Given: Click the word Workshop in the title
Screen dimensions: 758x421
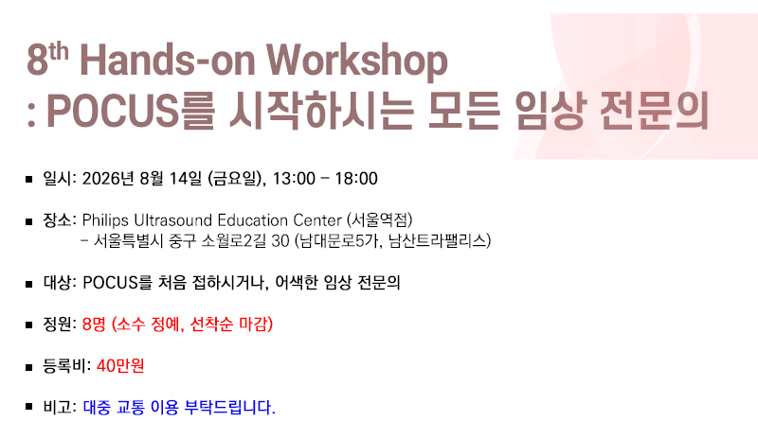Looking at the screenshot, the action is [x=357, y=61].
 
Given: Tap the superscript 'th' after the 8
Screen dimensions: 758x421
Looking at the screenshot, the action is [x=58, y=51].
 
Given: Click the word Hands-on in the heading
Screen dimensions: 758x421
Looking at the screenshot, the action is [x=168, y=60].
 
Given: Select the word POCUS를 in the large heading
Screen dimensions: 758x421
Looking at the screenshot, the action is [x=130, y=111].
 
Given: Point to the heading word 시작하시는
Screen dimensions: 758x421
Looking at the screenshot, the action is [x=321, y=111].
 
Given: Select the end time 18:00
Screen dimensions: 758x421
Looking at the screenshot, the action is [x=356, y=179].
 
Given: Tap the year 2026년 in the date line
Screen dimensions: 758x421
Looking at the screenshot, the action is [x=108, y=179].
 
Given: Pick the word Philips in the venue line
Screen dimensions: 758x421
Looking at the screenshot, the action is [x=105, y=220].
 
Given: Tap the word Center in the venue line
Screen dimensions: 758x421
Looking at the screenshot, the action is [x=317, y=220].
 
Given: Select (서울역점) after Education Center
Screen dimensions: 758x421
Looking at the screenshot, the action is [x=380, y=220].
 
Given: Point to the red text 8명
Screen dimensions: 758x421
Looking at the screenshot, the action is [x=94, y=324].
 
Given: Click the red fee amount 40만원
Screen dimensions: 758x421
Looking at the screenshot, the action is [x=120, y=365].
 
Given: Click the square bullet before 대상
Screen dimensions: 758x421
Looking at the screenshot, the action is [x=29, y=284].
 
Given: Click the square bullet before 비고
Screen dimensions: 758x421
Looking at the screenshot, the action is [x=29, y=407].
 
